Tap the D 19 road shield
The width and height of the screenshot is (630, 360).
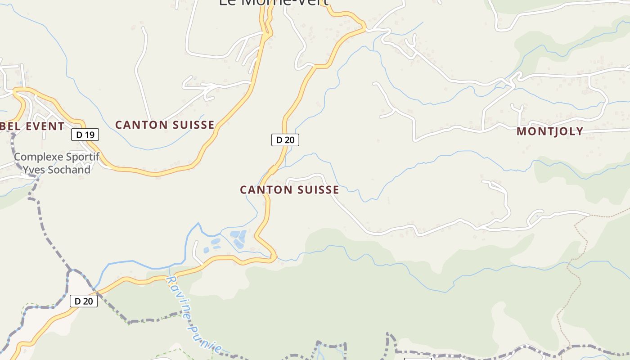pos(85,135)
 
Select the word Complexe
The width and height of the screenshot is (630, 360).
pos(39,157)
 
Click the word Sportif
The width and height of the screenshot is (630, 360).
pos(83,157)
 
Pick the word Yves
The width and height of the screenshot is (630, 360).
pos(32,170)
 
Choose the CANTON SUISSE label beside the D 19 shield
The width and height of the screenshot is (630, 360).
pos(165,125)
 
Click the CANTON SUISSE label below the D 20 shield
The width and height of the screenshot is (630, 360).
pos(289,190)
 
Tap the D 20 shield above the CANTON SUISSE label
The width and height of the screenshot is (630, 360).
pos(285,140)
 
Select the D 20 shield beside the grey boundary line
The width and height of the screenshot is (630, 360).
pos(84,301)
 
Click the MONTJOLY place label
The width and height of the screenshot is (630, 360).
pos(550,131)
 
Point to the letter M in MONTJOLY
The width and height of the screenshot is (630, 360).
pos(521,131)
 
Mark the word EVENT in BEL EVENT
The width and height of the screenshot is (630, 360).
pos(45,126)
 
